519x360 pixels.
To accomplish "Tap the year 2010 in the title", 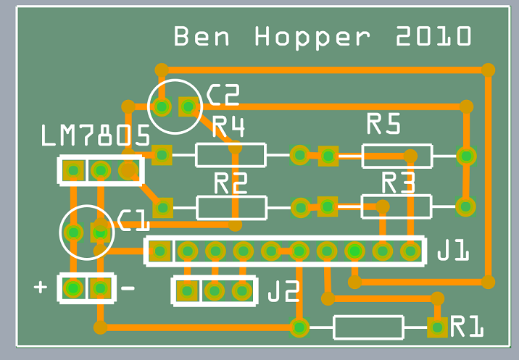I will [x=433, y=36].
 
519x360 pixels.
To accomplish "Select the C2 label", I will [x=223, y=95].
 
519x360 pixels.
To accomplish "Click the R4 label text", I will [x=228, y=128].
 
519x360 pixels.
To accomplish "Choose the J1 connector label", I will [x=453, y=252].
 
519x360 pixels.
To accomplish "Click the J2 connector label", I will [x=283, y=292].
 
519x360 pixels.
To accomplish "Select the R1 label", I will [x=468, y=327].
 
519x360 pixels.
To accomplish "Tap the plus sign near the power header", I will [x=41, y=288].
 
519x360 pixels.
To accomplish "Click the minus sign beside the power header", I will [x=128, y=288].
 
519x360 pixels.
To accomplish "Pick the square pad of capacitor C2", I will [x=188, y=107].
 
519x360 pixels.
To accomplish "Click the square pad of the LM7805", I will [x=72, y=171].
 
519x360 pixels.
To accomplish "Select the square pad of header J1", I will [x=160, y=251].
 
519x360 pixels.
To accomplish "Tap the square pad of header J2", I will [x=187, y=291].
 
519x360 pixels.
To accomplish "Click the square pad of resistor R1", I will [x=436, y=327].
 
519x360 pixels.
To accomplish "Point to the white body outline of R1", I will [x=368, y=327].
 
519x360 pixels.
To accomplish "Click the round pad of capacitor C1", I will [x=72, y=233].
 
